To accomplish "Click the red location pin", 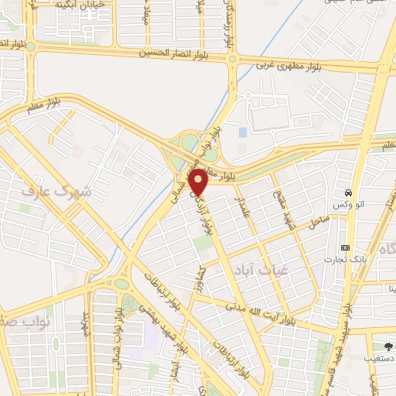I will (x=199, y=181).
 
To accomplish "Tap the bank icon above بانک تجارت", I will (x=344, y=247).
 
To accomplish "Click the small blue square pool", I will (x=243, y=132).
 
